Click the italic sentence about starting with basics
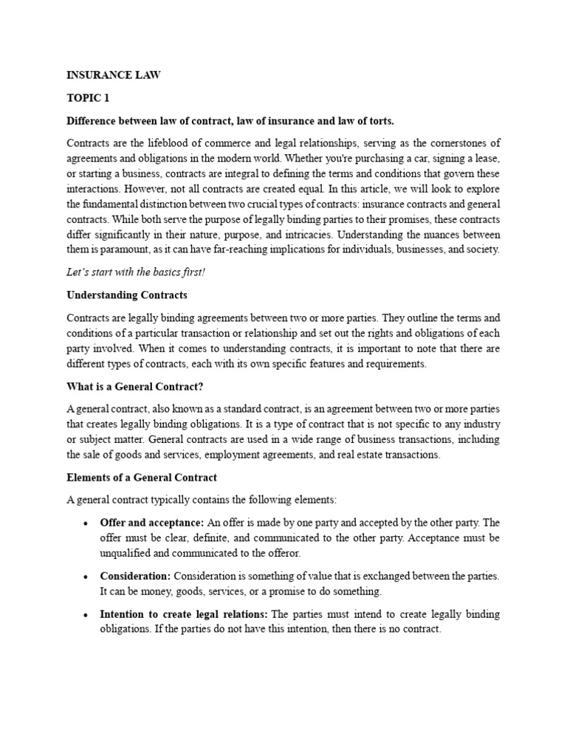(x=136, y=272)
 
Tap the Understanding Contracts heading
(x=127, y=295)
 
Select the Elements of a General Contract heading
(x=142, y=478)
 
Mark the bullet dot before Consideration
(x=86, y=577)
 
